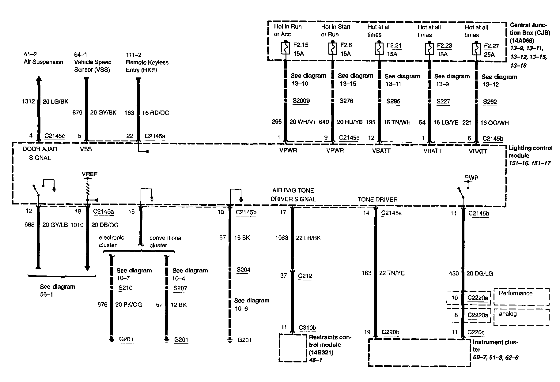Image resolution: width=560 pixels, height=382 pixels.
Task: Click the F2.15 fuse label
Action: coord(301,45)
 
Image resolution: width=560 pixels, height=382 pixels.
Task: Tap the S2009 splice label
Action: coord(301,101)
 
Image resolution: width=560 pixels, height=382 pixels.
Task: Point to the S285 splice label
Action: coord(393,101)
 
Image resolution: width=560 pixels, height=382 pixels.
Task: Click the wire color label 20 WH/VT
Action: coord(303,122)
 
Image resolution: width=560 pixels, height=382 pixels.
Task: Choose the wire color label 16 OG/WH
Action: coord(494,123)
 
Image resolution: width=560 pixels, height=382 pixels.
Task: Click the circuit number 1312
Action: coord(28,101)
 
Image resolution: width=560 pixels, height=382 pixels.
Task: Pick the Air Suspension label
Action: coord(44,62)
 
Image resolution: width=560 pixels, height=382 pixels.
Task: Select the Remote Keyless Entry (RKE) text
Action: coord(147,66)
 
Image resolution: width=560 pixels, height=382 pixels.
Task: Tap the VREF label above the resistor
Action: coord(89,174)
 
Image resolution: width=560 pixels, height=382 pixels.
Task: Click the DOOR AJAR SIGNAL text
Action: coord(40,153)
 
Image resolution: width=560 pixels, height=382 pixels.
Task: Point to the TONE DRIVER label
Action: coord(377,200)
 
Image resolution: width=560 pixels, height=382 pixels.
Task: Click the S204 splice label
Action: coord(244,270)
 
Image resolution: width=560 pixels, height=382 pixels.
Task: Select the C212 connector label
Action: coord(305,276)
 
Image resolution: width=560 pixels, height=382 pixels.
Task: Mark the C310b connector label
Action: coord(307,328)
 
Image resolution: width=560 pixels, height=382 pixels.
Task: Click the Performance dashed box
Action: coord(521,297)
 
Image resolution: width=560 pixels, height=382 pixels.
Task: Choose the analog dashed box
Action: coord(521,317)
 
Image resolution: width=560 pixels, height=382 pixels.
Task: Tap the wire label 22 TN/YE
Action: coord(392,273)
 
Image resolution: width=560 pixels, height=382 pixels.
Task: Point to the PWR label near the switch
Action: coord(471,178)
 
